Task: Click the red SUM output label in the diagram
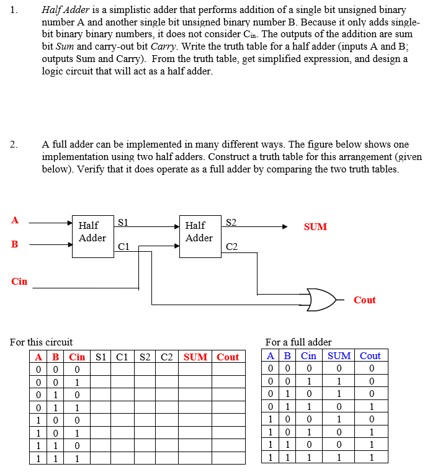[x=315, y=227]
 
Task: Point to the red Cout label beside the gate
[x=365, y=300]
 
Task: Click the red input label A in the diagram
[x=15, y=220]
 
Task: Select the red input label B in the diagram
[x=15, y=244]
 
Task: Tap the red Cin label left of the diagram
[x=19, y=282]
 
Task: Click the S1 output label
[x=123, y=221]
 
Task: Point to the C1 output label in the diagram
[x=123, y=247]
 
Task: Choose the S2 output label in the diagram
[x=230, y=221]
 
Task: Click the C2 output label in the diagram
[x=231, y=247]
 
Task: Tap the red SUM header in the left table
[x=195, y=357]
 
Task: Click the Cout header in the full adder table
[x=370, y=356]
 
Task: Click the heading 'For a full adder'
[x=298, y=342]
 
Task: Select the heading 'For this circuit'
[x=42, y=342]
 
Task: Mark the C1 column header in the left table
[x=122, y=357]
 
